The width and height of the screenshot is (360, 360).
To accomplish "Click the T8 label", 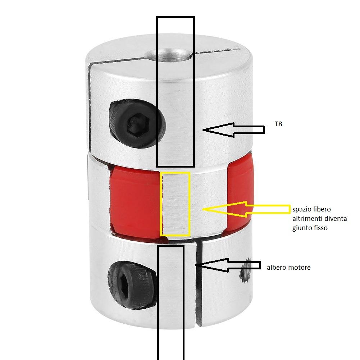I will (278, 124).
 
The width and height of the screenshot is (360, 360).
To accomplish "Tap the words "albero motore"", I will (288, 268).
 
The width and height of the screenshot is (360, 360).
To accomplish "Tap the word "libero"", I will (321, 209).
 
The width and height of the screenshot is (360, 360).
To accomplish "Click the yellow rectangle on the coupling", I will (175, 204).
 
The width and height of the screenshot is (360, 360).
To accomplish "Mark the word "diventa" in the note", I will (335, 218).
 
